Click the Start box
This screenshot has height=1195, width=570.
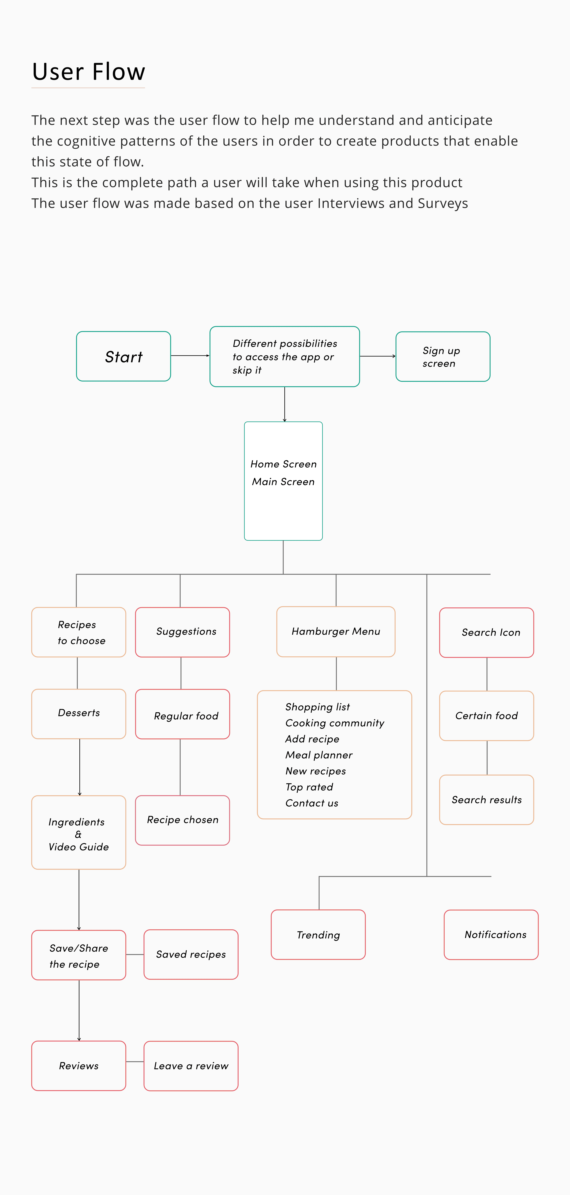coord(123,356)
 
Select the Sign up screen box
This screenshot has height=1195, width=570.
coord(443,356)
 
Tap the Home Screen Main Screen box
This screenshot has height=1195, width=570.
coord(283,481)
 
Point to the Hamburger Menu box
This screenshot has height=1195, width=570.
coord(336,631)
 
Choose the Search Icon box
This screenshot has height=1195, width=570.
coord(486,632)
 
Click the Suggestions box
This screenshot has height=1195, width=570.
coord(182,632)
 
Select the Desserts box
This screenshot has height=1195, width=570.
coord(78,713)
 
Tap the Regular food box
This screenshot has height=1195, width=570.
coord(182,714)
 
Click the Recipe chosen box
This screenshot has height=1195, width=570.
coord(182,820)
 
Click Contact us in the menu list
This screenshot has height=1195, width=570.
coord(311,803)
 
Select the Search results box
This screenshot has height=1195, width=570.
coord(486,800)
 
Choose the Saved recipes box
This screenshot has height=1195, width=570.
coord(191,954)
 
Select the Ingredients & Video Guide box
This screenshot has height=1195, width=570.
coord(78,832)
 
